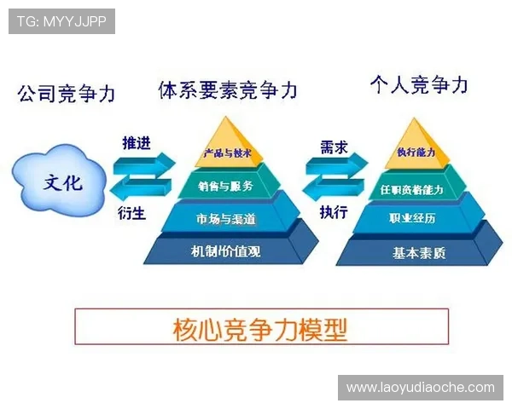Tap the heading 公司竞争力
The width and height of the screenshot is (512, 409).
(x=66, y=93)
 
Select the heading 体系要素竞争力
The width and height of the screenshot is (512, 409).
(x=228, y=89)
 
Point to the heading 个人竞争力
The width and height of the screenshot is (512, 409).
(x=419, y=84)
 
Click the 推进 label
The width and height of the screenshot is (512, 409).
(x=137, y=143)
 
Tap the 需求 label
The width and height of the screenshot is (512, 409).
(x=334, y=146)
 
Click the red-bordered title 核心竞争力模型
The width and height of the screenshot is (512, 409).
(x=261, y=326)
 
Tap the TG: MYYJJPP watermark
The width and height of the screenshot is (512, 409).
(x=61, y=21)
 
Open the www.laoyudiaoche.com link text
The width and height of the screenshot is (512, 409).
(x=420, y=388)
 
